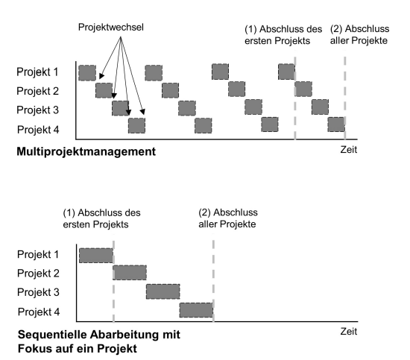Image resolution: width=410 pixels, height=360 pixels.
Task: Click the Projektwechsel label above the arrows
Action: click(x=111, y=28)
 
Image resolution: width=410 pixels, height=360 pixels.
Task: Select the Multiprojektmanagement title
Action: click(x=86, y=151)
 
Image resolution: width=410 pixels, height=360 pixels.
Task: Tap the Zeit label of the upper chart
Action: click(x=349, y=150)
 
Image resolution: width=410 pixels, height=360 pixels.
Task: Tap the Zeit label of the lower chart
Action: click(x=349, y=331)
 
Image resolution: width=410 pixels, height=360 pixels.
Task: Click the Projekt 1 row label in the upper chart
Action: click(x=37, y=72)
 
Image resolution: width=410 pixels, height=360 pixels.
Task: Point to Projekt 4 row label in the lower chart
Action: click(x=39, y=312)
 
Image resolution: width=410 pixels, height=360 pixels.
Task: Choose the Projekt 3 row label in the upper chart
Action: click(x=38, y=110)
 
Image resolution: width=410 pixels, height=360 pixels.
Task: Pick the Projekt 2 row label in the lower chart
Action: click(x=38, y=274)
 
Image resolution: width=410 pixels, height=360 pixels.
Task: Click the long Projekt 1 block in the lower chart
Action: click(x=96, y=256)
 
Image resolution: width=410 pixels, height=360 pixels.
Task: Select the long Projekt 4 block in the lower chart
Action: click(x=196, y=310)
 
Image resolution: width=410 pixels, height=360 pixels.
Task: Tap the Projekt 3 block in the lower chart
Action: click(x=163, y=291)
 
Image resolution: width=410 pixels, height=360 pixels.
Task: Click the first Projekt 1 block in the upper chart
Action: click(x=87, y=73)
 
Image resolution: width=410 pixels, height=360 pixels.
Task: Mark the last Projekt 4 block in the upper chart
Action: click(x=336, y=124)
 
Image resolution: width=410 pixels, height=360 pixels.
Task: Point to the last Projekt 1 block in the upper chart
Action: click(x=286, y=72)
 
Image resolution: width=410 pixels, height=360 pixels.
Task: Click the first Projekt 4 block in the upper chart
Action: click(x=136, y=125)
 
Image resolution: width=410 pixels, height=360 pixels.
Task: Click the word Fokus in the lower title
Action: click(x=32, y=349)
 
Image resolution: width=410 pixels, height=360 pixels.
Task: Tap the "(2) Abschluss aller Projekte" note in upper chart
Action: click(x=359, y=34)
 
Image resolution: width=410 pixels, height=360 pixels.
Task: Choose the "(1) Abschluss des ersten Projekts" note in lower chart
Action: click(x=101, y=218)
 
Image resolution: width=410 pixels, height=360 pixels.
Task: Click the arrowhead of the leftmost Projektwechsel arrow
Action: click(x=101, y=76)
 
